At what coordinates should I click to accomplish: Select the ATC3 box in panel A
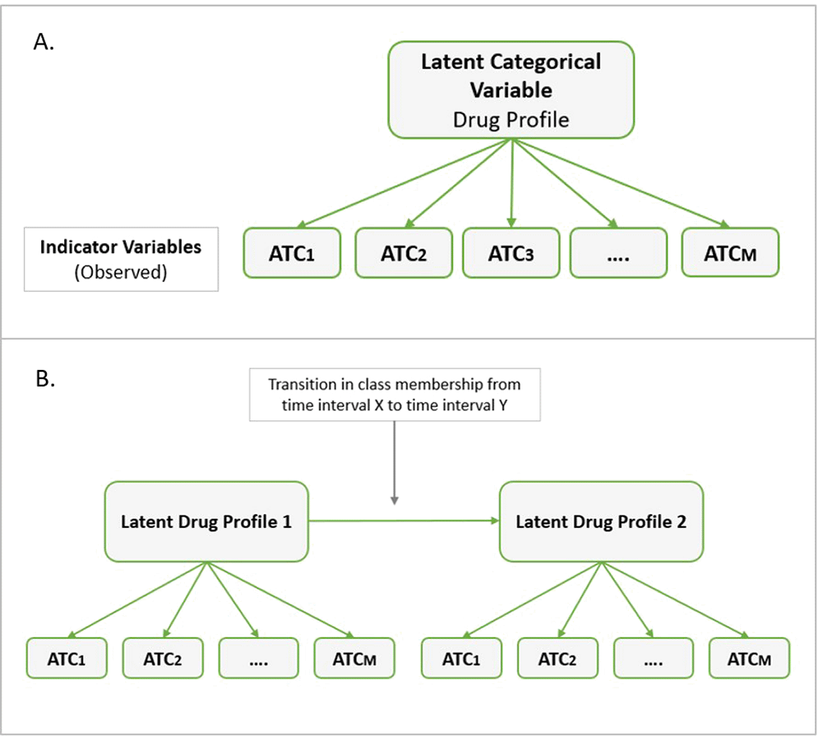click(511, 252)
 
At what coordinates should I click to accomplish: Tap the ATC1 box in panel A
click(293, 252)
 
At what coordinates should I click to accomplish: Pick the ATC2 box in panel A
click(404, 252)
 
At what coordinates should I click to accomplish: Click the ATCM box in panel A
click(730, 252)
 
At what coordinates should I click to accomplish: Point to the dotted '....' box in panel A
click(619, 252)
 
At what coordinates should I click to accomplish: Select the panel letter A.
click(44, 43)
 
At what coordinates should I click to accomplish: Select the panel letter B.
click(44, 381)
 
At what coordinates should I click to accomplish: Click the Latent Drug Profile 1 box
click(206, 521)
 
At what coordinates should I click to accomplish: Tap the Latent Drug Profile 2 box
click(601, 521)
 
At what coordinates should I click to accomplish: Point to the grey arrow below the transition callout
click(395, 461)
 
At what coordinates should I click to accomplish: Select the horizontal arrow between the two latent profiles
click(403, 521)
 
